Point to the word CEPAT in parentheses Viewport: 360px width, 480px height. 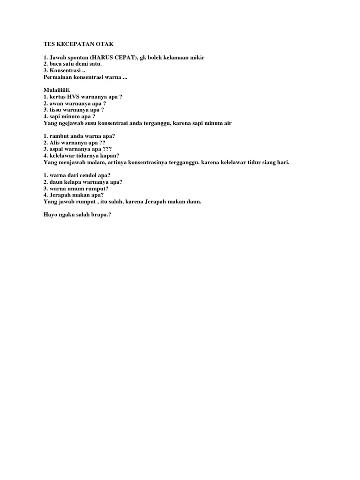(x=126, y=57)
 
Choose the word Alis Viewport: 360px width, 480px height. (x=54, y=142)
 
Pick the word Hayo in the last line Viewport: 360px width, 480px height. (x=50, y=215)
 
